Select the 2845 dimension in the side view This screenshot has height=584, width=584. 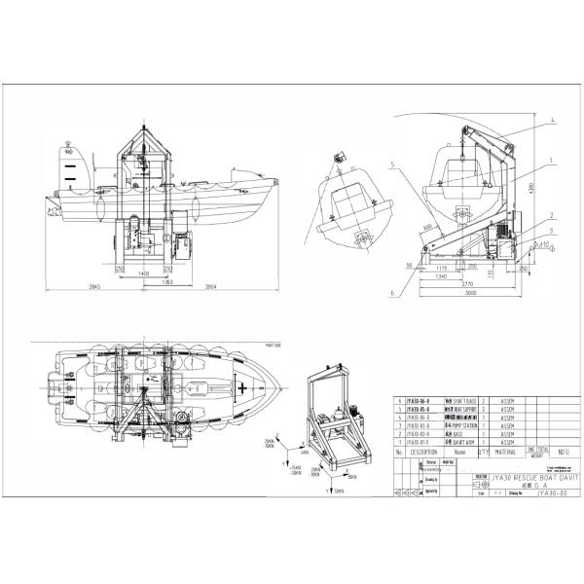[93, 287]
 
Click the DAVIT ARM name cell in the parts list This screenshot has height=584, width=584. [460, 441]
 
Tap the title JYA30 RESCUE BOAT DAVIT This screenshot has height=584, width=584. [533, 479]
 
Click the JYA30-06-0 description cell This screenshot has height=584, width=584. [420, 400]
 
